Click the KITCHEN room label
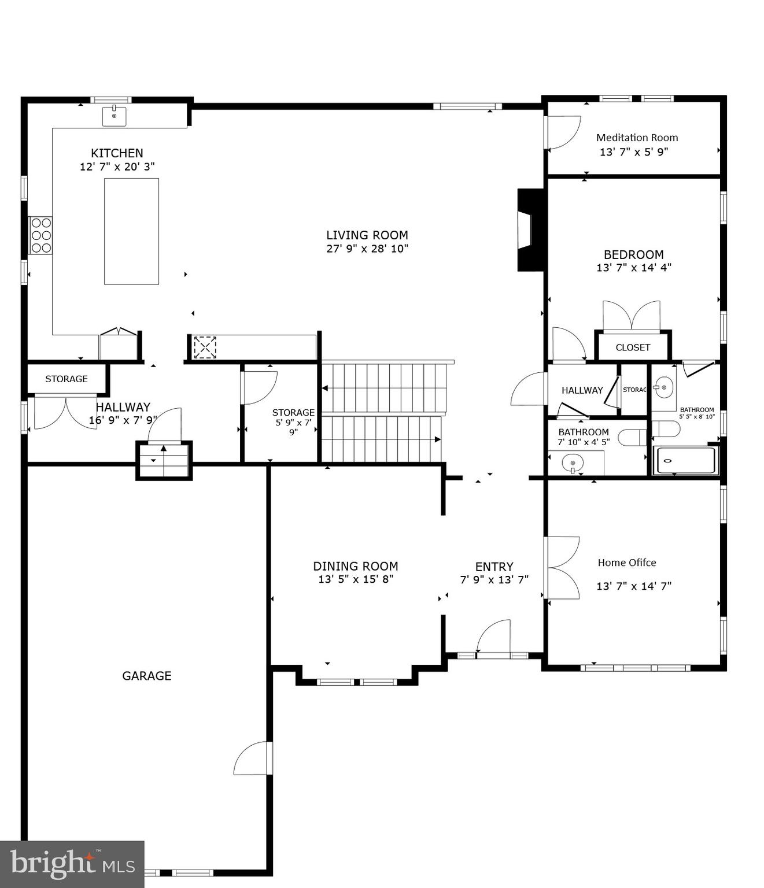coord(117,153)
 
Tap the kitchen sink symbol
coord(114,116)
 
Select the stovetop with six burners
coord(41,235)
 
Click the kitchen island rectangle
coord(131,231)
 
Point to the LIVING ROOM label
coord(367,235)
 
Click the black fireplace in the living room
coord(529,230)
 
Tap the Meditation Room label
coord(637,138)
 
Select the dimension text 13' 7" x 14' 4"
coord(633,268)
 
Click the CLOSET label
coord(633,347)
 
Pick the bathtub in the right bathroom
coord(685,461)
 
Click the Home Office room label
coord(626,563)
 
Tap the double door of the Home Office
coord(563,568)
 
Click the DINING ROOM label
coord(355,567)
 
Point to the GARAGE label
coord(146,676)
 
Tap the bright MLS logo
coord(72,864)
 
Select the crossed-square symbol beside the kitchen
coord(205,347)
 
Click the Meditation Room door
coord(563,132)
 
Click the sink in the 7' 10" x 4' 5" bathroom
coord(573,463)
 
